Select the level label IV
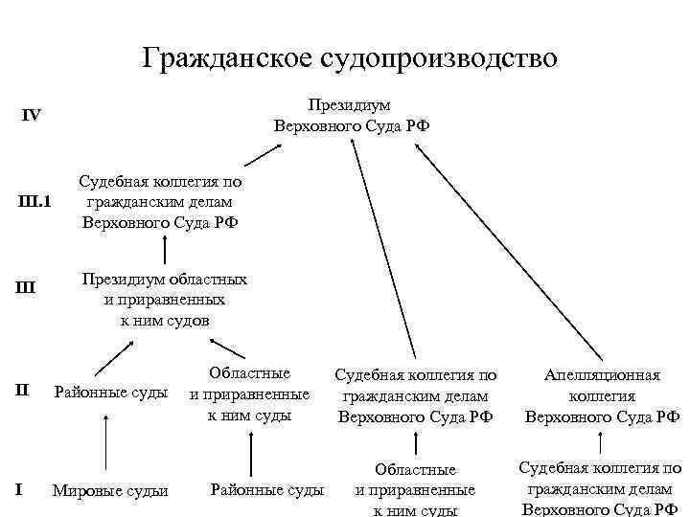[x=32, y=116]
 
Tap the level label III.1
[x=35, y=201]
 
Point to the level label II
[x=26, y=390]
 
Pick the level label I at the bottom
[x=20, y=490]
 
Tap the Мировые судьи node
[x=109, y=491]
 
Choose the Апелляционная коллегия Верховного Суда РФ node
[x=602, y=396]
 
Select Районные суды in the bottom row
[x=267, y=490]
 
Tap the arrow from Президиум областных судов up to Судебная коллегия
[x=166, y=250]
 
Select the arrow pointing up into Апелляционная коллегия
[x=600, y=442]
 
